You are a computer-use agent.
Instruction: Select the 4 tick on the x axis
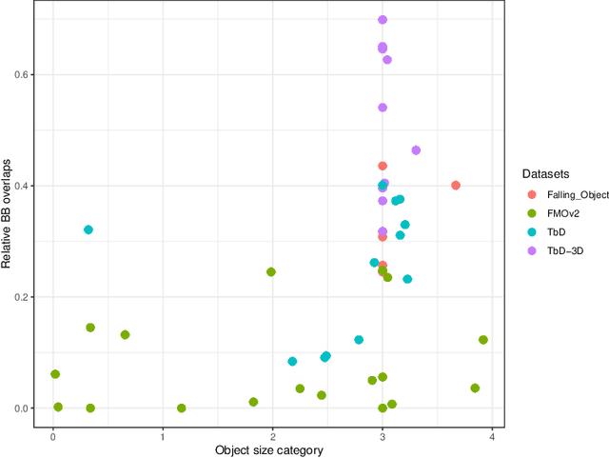coord(492,434)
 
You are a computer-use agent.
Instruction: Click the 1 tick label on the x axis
coord(163,434)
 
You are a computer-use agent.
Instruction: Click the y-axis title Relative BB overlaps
coord(9,212)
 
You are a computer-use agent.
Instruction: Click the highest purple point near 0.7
coord(383,19)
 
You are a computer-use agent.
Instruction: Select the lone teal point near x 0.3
coord(88,229)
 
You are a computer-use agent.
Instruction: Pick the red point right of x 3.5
coord(456,186)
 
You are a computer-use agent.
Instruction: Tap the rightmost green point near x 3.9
coord(483,340)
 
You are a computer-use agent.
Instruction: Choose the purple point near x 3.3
coord(416,150)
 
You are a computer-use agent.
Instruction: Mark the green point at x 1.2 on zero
coord(182,408)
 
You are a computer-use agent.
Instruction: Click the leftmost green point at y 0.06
coord(55,374)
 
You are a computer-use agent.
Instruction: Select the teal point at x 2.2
coord(292,362)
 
